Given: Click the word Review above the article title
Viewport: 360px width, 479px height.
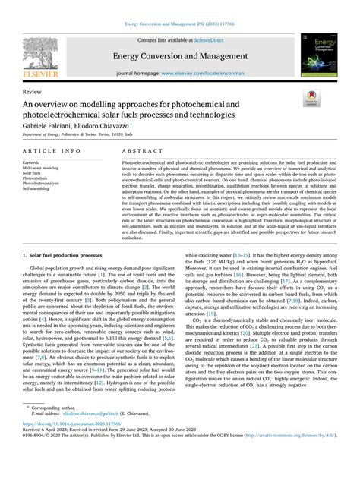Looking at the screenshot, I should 34,90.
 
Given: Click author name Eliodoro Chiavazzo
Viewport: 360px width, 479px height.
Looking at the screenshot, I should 106,123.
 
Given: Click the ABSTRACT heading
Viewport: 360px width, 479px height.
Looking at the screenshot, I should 139,151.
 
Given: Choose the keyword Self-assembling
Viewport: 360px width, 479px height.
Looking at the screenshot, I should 37,189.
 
